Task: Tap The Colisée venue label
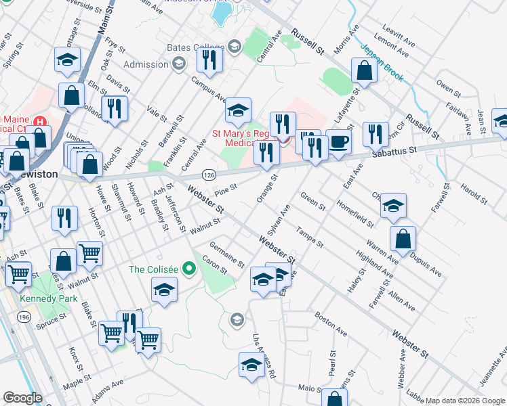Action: (x=154, y=269)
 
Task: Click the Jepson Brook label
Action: (x=384, y=62)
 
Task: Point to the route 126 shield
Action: (x=208, y=176)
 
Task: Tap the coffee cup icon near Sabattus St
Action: (x=339, y=142)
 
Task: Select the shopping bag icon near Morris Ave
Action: (x=364, y=71)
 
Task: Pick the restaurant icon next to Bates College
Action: (x=210, y=60)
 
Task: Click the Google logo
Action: (x=22, y=398)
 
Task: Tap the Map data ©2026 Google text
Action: (x=465, y=401)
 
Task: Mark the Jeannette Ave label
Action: (x=493, y=368)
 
